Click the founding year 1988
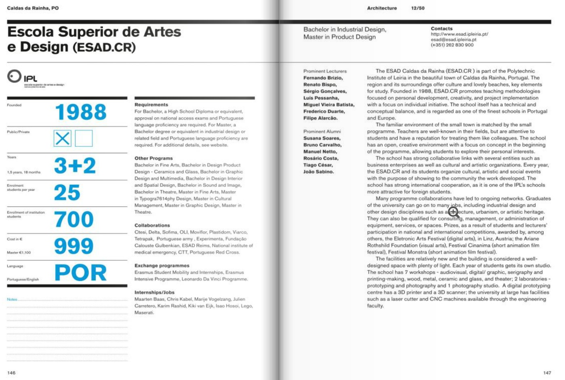tap(81, 112)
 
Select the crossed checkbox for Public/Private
tap(63, 138)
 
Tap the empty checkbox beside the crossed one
tap(84, 138)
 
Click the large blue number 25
tap(67, 192)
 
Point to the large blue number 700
tap(74, 219)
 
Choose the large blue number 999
tap(74, 246)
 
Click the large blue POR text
tap(80, 273)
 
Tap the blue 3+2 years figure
tap(75, 166)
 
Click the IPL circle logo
tap(14, 76)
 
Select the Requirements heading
tap(151, 105)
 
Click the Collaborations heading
tap(152, 225)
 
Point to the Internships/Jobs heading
tap(154, 292)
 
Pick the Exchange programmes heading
tap(162, 266)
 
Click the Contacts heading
tap(441, 29)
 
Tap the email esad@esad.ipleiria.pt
tap(453, 40)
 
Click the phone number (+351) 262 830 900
tap(452, 45)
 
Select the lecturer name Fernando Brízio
tap(323, 78)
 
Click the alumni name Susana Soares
tap(321, 138)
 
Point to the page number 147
tap(547, 373)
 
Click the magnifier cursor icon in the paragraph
tap(453, 211)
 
